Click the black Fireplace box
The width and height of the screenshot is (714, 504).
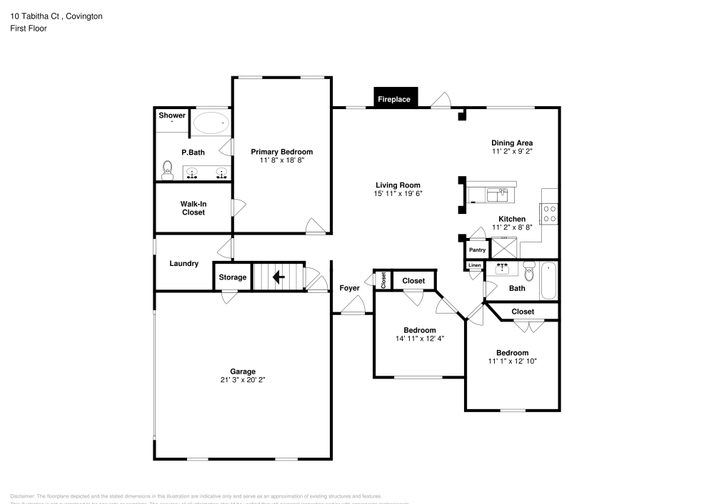click(x=395, y=98)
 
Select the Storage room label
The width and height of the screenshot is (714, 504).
click(x=232, y=277)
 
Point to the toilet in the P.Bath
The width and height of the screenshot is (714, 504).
click(x=168, y=170)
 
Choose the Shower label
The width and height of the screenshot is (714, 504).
click(x=171, y=115)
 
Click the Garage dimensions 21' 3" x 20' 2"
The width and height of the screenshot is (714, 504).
click(x=243, y=380)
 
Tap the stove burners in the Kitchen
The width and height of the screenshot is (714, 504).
click(x=551, y=214)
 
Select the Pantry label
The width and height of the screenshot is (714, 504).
click(x=477, y=250)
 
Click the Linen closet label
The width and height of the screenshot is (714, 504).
click(x=475, y=266)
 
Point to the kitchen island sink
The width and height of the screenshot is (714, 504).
click(x=496, y=193)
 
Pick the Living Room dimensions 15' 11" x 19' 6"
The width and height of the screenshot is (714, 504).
click(x=398, y=193)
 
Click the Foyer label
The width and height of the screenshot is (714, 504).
click(x=349, y=288)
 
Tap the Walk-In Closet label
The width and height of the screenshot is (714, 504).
click(x=193, y=208)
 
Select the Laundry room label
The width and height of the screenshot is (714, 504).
click(x=183, y=264)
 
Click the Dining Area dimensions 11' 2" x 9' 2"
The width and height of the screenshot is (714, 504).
click(x=512, y=151)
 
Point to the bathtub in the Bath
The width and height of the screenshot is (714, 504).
click(x=548, y=281)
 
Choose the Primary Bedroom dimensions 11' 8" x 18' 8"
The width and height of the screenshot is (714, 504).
click(x=281, y=160)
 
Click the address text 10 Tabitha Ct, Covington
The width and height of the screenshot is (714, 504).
click(x=56, y=16)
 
